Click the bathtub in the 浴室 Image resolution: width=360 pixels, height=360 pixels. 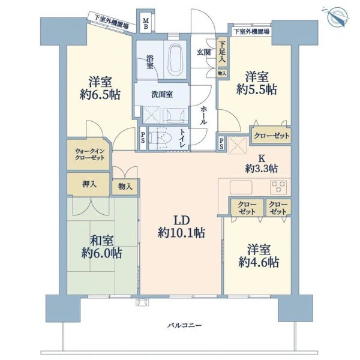(x=175, y=59)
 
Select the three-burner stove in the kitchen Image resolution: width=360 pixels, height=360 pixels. (x=278, y=187)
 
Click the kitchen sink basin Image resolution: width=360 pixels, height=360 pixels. (x=241, y=187)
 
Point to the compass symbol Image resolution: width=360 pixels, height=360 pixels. (x=337, y=17)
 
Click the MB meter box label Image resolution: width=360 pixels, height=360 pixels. (x=146, y=23)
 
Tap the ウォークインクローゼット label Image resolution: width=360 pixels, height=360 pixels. (x=90, y=155)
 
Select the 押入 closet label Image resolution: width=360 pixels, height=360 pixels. (x=89, y=184)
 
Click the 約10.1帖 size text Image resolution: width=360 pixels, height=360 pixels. (x=181, y=233)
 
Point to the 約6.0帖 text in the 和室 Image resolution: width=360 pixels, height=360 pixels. (x=101, y=253)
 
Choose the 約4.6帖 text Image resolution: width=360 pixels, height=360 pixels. (x=259, y=262)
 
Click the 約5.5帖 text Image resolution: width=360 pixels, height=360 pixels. (x=257, y=89)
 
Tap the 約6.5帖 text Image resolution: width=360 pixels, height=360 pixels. (x=100, y=94)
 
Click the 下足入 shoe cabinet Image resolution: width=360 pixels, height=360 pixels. (x=222, y=52)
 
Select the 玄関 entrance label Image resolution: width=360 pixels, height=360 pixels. (x=203, y=52)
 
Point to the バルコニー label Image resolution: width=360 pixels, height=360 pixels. (x=185, y=325)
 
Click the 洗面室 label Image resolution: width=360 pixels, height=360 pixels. (x=162, y=94)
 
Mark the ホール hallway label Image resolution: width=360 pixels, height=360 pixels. (x=203, y=116)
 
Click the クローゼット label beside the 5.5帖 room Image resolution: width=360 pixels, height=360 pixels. (x=272, y=136)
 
